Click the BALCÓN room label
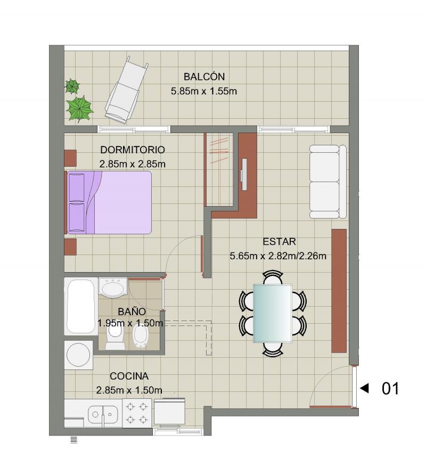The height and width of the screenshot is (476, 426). point(204,76)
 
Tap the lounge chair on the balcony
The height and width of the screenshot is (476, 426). point(127,90)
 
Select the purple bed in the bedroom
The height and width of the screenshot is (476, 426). point(109,202)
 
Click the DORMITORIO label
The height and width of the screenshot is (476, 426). point(133,150)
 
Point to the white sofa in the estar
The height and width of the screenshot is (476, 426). point(328,182)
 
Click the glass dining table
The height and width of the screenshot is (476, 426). point(273,313)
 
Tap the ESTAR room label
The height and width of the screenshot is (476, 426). point(279,242)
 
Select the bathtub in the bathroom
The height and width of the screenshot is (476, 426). point(81,306)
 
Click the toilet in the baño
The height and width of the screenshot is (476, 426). point(115,339)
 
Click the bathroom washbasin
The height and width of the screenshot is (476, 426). point(113,287)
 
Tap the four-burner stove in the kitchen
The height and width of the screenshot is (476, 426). point(137,413)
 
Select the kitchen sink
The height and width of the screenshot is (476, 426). point(103,414)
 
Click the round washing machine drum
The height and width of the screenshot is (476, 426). point(78,355)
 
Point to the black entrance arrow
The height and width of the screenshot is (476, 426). point(364,388)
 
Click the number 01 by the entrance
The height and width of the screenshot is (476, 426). point(390,389)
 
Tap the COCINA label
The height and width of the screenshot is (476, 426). point(129,376)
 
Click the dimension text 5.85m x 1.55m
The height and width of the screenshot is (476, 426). point(204,91)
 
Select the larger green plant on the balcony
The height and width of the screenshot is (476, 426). point(79,109)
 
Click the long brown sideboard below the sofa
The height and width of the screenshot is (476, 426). point(339,291)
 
